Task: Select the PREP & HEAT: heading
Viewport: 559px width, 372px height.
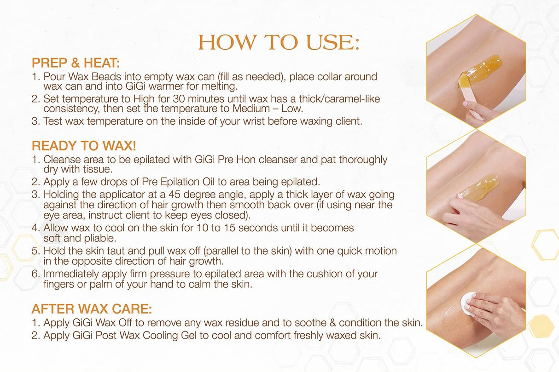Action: click(x=76, y=63)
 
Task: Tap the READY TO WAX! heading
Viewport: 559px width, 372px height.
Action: click(x=84, y=146)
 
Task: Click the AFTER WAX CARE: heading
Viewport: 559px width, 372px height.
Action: click(x=92, y=308)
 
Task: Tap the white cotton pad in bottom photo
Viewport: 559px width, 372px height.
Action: click(x=467, y=302)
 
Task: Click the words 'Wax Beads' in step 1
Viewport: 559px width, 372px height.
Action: click(x=86, y=76)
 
